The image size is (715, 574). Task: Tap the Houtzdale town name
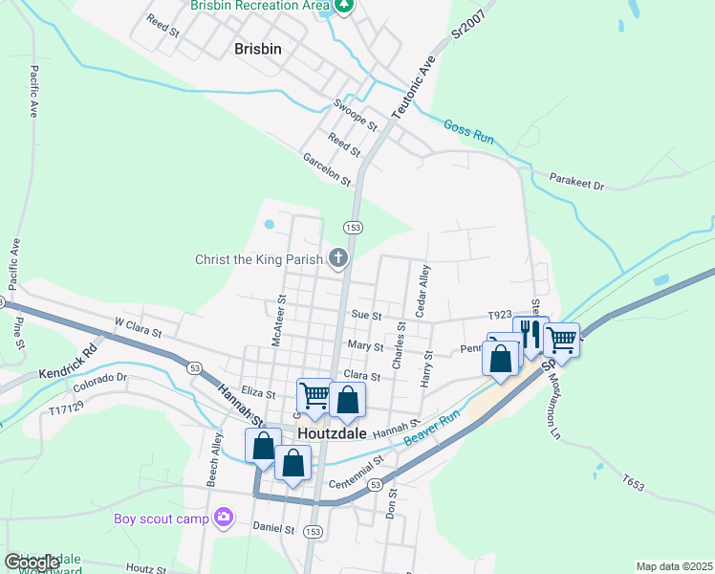coord(335,432)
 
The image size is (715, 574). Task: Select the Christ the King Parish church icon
coord(337,257)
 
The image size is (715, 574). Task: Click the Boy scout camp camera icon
coord(224,518)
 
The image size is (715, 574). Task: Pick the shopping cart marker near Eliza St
coord(314,394)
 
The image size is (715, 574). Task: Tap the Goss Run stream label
coord(468,131)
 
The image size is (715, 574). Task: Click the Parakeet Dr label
coord(578,180)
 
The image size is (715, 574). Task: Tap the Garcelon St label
coord(327,168)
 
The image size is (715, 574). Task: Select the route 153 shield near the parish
coord(353,227)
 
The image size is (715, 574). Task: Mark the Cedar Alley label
coord(422,290)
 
